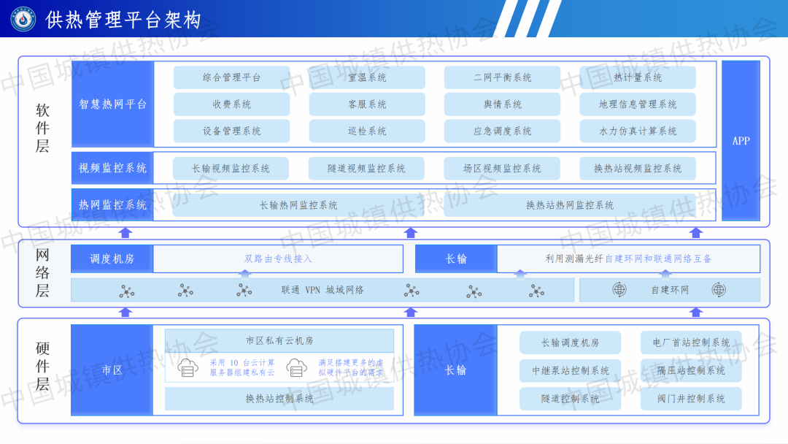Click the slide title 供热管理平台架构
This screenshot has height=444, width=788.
pyautogui.click(x=123, y=20)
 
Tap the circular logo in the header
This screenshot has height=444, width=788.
pyautogui.click(x=23, y=19)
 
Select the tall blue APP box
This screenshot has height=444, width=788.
pyautogui.click(x=741, y=141)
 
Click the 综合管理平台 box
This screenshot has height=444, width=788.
pyautogui.click(x=231, y=77)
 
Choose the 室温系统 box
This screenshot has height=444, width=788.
pyautogui.click(x=367, y=77)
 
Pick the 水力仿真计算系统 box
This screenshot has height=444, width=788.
pyautogui.click(x=638, y=131)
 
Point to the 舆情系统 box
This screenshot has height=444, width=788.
pyautogui.click(x=502, y=104)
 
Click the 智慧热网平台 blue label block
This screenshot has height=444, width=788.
pyautogui.click(x=112, y=104)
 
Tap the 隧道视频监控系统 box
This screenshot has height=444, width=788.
pyautogui.click(x=366, y=169)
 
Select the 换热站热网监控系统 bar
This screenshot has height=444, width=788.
pyautogui.click(x=570, y=205)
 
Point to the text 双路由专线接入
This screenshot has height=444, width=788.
pyautogui.click(x=278, y=259)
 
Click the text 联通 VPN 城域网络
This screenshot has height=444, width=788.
pyautogui.click(x=322, y=290)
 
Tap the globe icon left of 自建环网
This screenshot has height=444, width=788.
pyautogui.click(x=619, y=290)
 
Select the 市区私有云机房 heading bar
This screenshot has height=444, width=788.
pyautogui.click(x=279, y=341)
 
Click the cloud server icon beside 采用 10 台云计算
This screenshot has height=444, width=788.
pyautogui.click(x=188, y=367)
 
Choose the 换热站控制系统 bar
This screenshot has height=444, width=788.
pyautogui.click(x=279, y=399)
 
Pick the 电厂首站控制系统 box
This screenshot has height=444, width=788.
pyautogui.click(x=690, y=342)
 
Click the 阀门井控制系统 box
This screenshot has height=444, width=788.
pyautogui.click(x=690, y=399)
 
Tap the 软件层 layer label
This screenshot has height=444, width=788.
pyautogui.click(x=42, y=129)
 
